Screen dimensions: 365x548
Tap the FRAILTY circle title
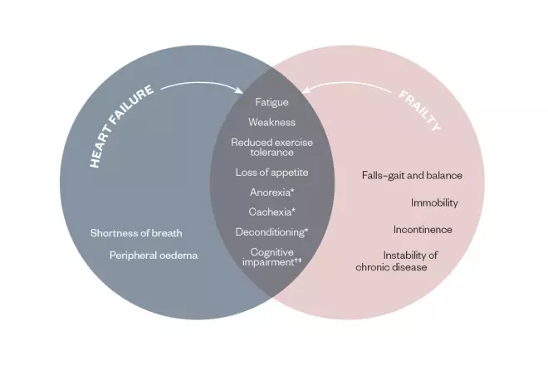pos(419,111)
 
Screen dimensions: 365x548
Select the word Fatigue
pos(272,102)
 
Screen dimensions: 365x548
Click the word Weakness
pos(272,123)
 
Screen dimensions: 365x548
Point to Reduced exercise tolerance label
pos(272,148)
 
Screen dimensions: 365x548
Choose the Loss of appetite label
pos(272,173)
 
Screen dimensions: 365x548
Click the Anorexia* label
pos(272,192)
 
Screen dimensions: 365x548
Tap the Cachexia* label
pos(272,212)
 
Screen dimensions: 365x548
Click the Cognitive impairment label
pos(272,256)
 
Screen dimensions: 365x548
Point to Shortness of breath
pos(136,233)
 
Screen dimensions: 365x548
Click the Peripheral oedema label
pos(154,255)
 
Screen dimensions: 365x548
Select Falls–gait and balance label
pos(412,176)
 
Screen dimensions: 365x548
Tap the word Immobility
pos(434,202)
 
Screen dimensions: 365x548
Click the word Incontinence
pos(423,229)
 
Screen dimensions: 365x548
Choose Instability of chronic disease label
pos(398,260)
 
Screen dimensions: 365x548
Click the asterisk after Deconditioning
pos(307,230)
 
